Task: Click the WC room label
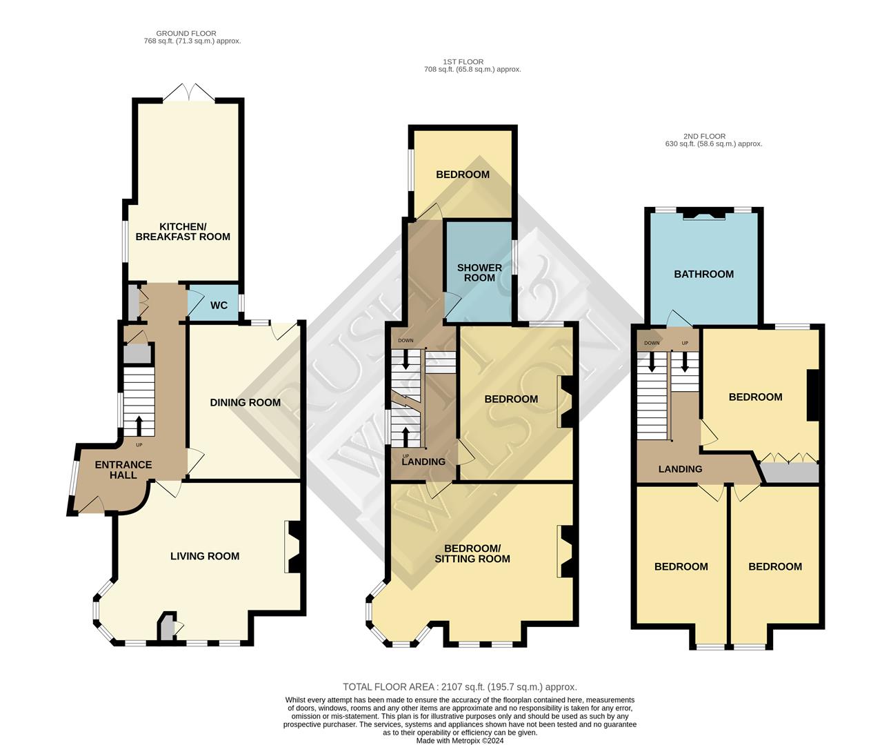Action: tap(219, 306)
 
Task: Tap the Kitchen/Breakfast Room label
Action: tap(183, 232)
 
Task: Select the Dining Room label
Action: tap(246, 402)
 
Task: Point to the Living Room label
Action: tap(205, 556)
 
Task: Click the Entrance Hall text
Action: tap(123, 470)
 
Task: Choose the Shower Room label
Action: tap(479, 272)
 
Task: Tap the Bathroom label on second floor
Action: tap(703, 274)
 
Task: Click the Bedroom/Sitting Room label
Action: tap(472, 553)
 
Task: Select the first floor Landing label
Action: tap(423, 461)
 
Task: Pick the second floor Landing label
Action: tap(680, 469)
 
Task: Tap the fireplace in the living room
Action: tap(292, 546)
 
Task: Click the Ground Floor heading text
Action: tap(186, 33)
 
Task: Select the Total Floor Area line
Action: tap(460, 687)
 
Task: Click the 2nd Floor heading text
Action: tap(705, 137)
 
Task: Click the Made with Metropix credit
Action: tap(460, 741)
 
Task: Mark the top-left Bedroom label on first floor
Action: tap(463, 175)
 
